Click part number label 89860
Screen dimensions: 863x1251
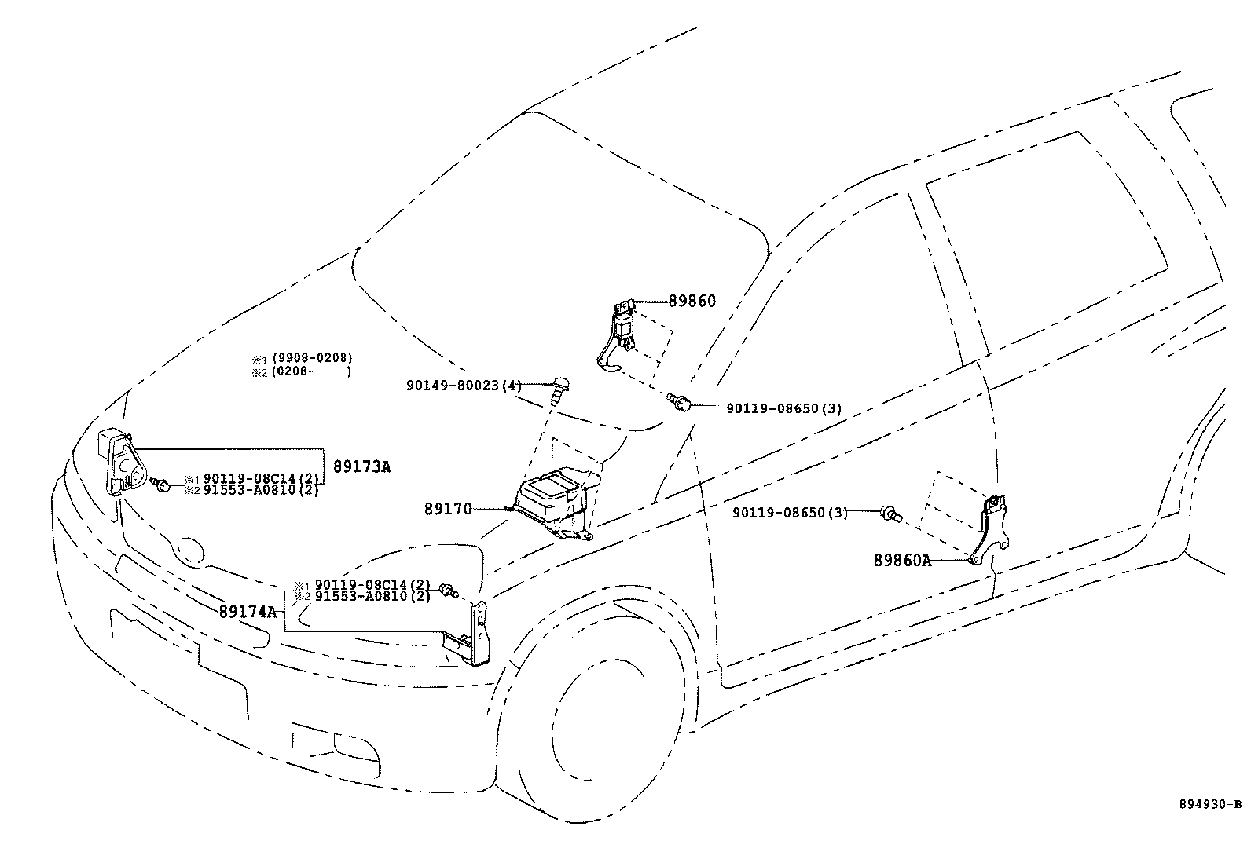tap(692, 301)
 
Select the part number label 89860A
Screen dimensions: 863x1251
tap(901, 561)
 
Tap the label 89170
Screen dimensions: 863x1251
tap(448, 509)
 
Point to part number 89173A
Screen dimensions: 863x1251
tap(361, 466)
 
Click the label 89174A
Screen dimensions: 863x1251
tap(248, 611)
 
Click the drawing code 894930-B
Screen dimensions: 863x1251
tap(1209, 804)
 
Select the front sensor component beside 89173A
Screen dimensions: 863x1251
tap(118, 463)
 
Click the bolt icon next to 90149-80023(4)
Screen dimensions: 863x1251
tap(559, 388)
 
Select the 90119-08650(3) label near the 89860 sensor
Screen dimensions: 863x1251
tap(783, 408)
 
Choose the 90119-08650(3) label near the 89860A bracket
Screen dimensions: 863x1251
tap(790, 513)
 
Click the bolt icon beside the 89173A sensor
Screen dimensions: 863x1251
tap(162, 486)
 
